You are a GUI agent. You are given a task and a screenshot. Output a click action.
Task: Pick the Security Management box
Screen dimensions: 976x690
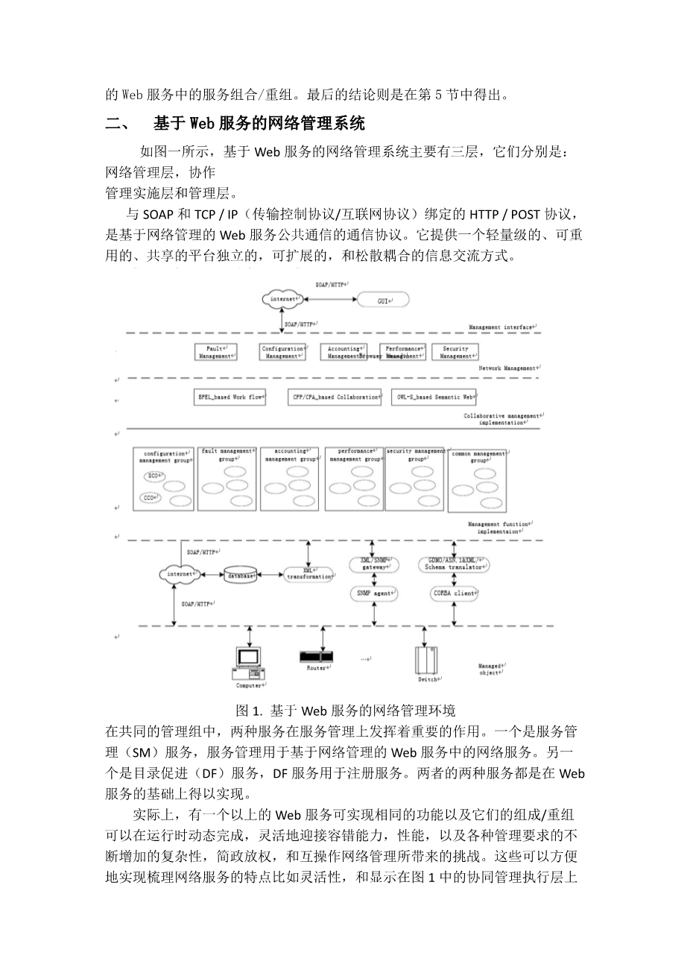pyautogui.click(x=455, y=352)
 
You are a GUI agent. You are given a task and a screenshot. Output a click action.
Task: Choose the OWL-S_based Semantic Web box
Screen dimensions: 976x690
pyautogui.click(x=433, y=397)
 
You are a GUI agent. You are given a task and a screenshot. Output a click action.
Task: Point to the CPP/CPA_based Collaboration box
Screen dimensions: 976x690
pyautogui.click(x=335, y=397)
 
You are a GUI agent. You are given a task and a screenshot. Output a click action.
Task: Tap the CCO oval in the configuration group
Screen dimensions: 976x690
pyautogui.click(x=150, y=497)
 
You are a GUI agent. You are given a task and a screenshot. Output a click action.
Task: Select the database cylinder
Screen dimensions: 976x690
pyautogui.click(x=241, y=576)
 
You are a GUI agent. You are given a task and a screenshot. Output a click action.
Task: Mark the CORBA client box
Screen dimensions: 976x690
pyautogui.click(x=455, y=594)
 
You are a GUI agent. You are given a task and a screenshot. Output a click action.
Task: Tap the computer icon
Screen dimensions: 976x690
pyautogui.click(x=249, y=660)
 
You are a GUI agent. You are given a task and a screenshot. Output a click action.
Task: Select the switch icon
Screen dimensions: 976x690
pyautogui.click(x=426, y=660)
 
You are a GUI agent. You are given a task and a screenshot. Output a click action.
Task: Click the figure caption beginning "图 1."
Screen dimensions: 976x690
pyautogui.click(x=344, y=710)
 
